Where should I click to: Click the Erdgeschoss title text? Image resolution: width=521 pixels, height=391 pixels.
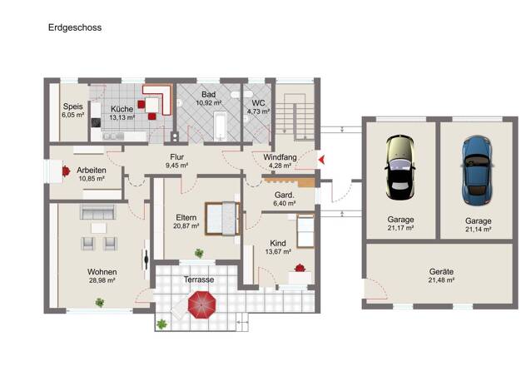tap(75, 27)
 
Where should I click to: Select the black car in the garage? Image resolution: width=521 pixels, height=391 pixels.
tap(400, 167)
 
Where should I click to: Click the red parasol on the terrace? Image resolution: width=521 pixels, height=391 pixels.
tap(201, 304)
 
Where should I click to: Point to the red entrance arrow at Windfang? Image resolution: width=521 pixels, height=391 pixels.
tap(321, 160)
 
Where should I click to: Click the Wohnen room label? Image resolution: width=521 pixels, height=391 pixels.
tap(102, 272)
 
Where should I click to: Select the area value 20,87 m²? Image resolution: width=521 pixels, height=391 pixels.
tap(186, 226)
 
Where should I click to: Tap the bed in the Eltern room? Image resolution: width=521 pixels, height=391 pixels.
tap(222, 219)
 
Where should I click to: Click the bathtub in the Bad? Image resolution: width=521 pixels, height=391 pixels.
tap(220, 126)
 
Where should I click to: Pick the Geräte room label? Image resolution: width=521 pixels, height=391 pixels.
tap(441, 272)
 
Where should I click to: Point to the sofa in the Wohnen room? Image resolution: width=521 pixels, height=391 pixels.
tap(97, 211)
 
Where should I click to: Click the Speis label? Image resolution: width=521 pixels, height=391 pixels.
tap(72, 106)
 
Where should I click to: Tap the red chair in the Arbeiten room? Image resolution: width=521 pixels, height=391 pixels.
tap(66, 171)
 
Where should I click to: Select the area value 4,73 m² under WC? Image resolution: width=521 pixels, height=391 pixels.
tap(258, 111)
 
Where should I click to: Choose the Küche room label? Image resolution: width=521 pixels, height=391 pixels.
tap(122, 109)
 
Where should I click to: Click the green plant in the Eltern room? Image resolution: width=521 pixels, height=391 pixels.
tap(199, 253)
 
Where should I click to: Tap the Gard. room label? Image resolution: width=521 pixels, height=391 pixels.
tap(285, 195)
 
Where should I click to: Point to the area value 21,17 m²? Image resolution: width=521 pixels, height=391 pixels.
tap(400, 228)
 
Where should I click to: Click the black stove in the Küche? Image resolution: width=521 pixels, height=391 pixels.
tap(96, 123)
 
